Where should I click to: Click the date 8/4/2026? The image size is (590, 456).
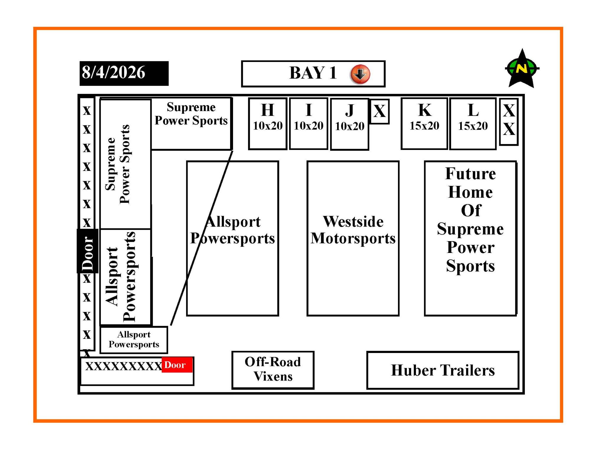pos(114,72)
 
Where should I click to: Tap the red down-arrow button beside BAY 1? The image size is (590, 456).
pos(360,74)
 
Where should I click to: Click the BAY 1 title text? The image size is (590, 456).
pos(313,73)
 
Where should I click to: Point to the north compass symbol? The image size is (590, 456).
pos(522,68)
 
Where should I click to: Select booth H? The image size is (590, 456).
pos(268,124)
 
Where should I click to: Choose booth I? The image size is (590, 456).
pos(309,124)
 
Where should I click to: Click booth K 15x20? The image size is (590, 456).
pos(424,124)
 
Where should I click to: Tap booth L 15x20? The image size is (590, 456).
pos(473,124)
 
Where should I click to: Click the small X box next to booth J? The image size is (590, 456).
pos(380,112)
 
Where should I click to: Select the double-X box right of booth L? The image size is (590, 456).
pos(509,122)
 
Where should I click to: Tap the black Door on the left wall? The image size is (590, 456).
pos(87,251)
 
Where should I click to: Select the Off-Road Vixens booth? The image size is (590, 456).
pos(273,370)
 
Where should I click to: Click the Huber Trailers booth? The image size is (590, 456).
pos(443,370)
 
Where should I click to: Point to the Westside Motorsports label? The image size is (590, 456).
pos(353,230)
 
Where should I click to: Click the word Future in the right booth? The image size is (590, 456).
pos(471,174)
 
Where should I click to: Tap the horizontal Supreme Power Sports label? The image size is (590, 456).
pos(191,114)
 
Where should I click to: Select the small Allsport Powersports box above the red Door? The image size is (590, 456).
pos(134,340)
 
